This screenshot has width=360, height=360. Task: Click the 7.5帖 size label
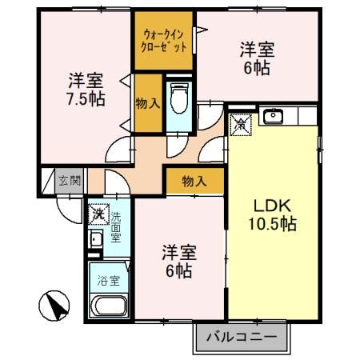point(83,102)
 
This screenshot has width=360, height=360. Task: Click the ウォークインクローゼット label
point(166,41)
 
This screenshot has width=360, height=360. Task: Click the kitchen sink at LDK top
point(274,118)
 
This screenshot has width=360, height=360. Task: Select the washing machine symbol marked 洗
point(97,214)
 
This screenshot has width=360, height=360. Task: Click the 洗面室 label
point(115,227)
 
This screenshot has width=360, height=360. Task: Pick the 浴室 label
point(107,282)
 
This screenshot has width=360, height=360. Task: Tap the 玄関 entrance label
point(69,181)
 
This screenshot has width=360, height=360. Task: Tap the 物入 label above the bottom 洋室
point(194,182)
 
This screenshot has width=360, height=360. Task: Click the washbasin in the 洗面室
point(95,241)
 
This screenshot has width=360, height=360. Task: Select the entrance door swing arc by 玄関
point(70,205)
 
